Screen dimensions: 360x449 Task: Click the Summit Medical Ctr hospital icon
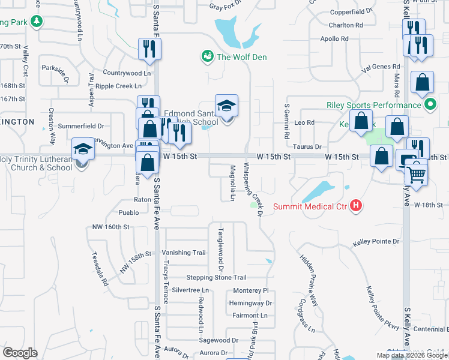click(x=357, y=206)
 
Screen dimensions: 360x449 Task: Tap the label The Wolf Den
click(x=241, y=57)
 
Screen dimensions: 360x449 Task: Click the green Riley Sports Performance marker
click(x=430, y=106)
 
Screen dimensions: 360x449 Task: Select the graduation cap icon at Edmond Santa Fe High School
click(x=227, y=106)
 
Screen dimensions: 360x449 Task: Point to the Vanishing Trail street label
click(x=184, y=253)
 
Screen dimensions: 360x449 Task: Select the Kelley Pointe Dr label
click(x=376, y=241)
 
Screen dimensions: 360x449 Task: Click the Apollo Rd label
click(x=334, y=38)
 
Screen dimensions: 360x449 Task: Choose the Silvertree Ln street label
click(x=190, y=290)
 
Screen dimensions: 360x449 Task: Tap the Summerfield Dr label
click(x=82, y=126)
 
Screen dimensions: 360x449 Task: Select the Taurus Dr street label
click(x=307, y=146)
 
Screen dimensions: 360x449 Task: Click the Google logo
click(x=20, y=353)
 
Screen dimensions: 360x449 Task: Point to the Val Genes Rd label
click(x=381, y=67)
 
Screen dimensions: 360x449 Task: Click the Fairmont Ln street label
click(x=250, y=316)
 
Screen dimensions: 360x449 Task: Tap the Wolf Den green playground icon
click(x=208, y=56)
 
